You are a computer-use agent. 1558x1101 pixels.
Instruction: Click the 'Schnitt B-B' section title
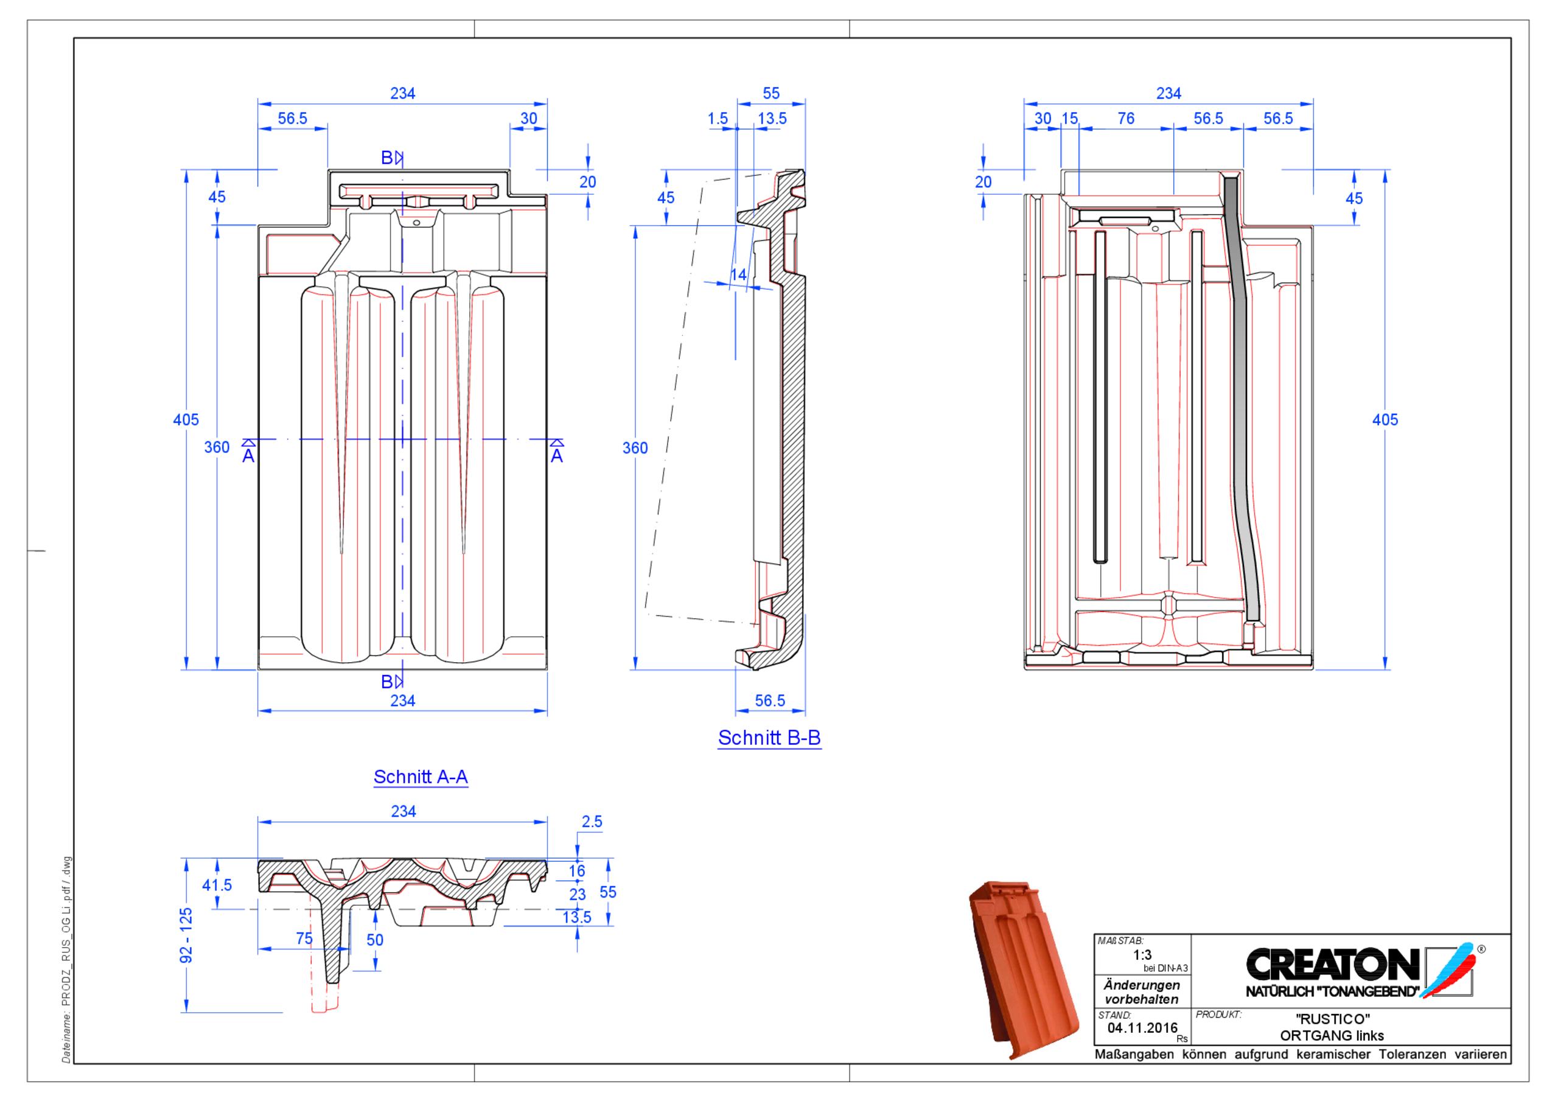769,738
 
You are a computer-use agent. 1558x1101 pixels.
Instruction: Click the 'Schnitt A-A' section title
420,777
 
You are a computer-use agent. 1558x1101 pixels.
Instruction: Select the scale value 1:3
1142,955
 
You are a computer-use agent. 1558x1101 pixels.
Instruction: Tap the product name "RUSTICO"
1332,1019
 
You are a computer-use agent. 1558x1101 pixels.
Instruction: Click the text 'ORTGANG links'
1332,1036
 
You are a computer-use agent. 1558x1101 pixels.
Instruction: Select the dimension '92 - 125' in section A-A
186,935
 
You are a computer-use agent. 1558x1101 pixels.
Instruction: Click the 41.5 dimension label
217,885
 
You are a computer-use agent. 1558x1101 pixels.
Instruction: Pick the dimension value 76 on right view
1126,119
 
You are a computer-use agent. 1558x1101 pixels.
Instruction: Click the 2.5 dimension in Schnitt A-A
592,822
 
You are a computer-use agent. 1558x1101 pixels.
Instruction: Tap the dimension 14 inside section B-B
738,275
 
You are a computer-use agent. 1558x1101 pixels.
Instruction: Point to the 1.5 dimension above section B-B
718,119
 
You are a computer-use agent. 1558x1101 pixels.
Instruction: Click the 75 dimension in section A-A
304,938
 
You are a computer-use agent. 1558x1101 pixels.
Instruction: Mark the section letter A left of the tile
248,455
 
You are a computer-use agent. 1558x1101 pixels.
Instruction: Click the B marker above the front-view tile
387,158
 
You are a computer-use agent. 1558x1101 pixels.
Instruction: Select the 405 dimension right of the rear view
1385,420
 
